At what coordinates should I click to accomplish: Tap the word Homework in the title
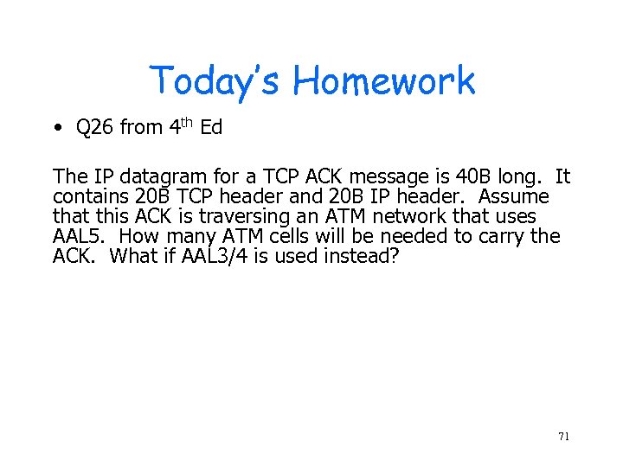(383, 81)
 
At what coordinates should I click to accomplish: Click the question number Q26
(94, 128)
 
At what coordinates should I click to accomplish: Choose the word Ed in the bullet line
(211, 128)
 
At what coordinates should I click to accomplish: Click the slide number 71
(563, 437)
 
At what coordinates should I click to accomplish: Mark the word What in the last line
(135, 257)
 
